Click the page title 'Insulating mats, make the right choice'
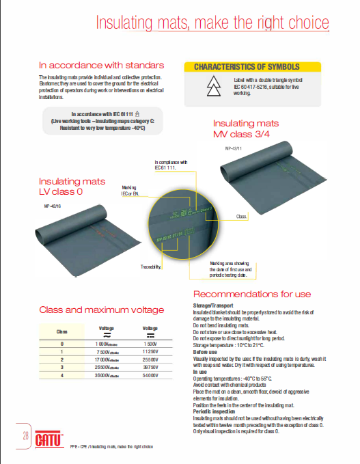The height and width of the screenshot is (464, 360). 212,23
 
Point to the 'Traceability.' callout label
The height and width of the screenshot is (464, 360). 151,267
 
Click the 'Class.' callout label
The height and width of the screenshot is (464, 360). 241,215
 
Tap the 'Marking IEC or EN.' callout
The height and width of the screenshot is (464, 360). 130,190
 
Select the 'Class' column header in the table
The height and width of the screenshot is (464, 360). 61,331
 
